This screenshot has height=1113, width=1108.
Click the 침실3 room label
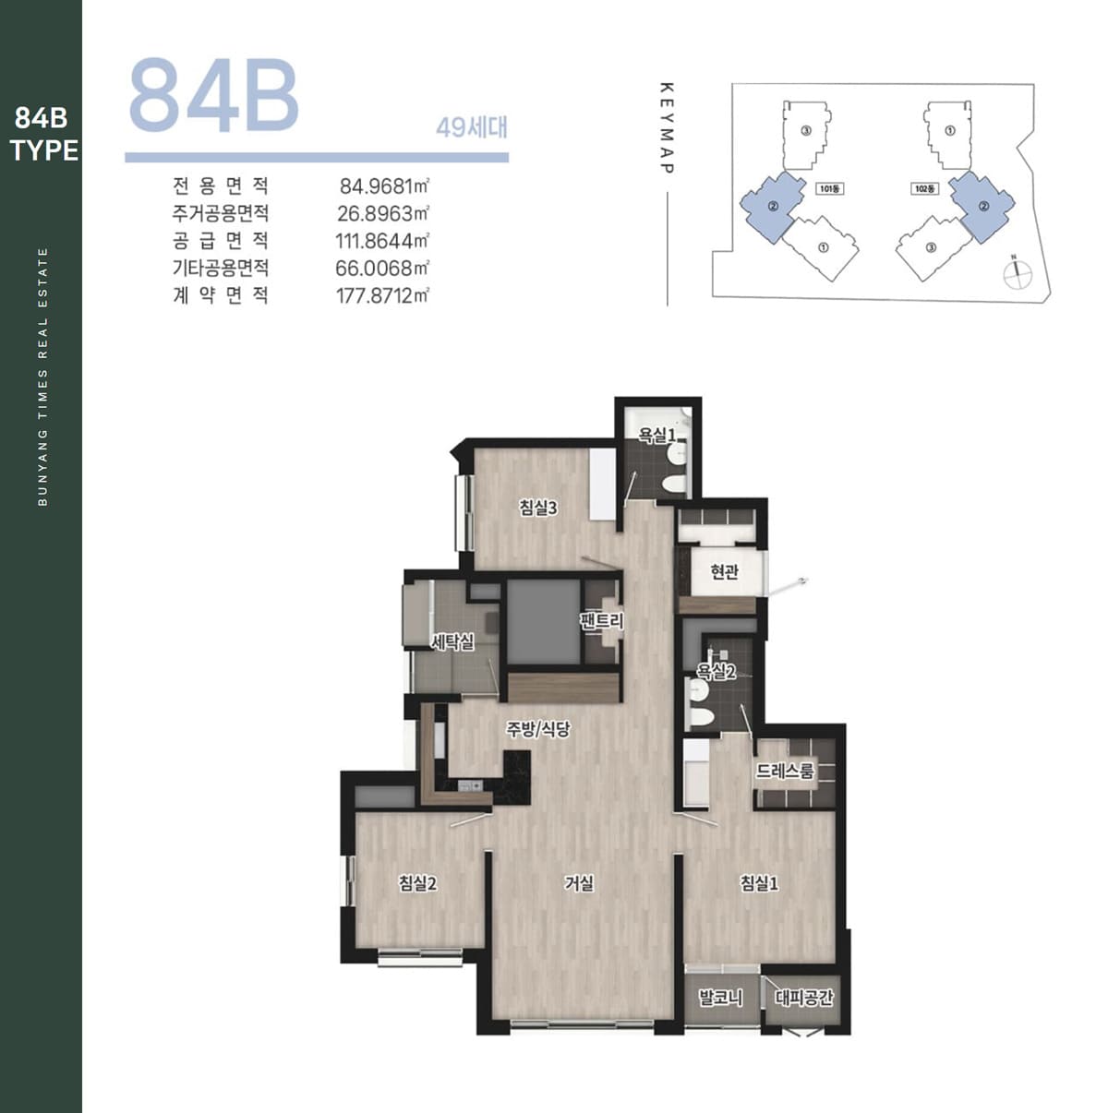point(538,508)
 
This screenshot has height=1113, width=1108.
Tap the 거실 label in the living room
point(579,882)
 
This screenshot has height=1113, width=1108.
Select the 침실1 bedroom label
point(760,882)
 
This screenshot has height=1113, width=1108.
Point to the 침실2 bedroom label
point(418,883)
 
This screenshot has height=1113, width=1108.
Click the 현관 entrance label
point(724,572)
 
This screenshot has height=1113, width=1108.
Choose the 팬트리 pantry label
point(602,621)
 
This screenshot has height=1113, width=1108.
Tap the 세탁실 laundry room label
point(453,641)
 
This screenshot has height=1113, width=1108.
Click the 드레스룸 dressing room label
point(786,771)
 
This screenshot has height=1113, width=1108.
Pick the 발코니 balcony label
point(721,998)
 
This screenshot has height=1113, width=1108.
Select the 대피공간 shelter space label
point(804,998)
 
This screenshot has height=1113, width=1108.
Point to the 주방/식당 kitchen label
point(538,729)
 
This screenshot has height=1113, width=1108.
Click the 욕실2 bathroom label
point(717,671)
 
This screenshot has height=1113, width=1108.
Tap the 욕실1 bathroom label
point(657,435)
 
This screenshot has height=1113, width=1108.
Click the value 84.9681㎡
point(384,186)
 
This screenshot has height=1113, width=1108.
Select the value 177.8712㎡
point(382,295)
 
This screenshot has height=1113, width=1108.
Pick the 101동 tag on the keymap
point(831,188)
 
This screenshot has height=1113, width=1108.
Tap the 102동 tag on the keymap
point(925,188)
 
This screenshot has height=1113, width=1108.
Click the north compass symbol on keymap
point(1018,274)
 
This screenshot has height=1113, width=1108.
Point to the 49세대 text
point(472,127)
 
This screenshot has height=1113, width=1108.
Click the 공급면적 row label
point(221,241)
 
